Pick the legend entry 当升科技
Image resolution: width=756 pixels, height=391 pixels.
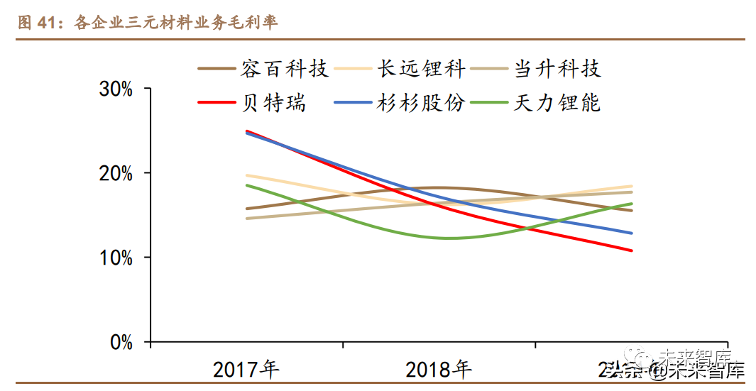[557, 69]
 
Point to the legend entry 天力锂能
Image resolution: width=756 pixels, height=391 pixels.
[557, 103]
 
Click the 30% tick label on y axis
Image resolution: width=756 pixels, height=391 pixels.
[116, 89]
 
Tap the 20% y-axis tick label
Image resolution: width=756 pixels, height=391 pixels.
[116, 174]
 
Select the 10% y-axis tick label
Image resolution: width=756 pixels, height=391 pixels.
[116, 258]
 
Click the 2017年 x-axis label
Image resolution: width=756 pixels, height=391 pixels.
[246, 369]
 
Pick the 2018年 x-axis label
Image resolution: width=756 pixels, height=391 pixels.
[439, 369]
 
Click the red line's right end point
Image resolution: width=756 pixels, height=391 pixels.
[632, 250]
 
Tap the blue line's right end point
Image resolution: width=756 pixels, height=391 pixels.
[632, 233]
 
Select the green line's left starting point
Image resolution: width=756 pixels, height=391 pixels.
[246, 185]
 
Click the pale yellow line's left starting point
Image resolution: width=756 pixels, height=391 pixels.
[246, 175]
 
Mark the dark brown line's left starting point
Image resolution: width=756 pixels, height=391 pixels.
[246, 209]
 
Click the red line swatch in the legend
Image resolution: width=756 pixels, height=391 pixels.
[216, 103]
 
